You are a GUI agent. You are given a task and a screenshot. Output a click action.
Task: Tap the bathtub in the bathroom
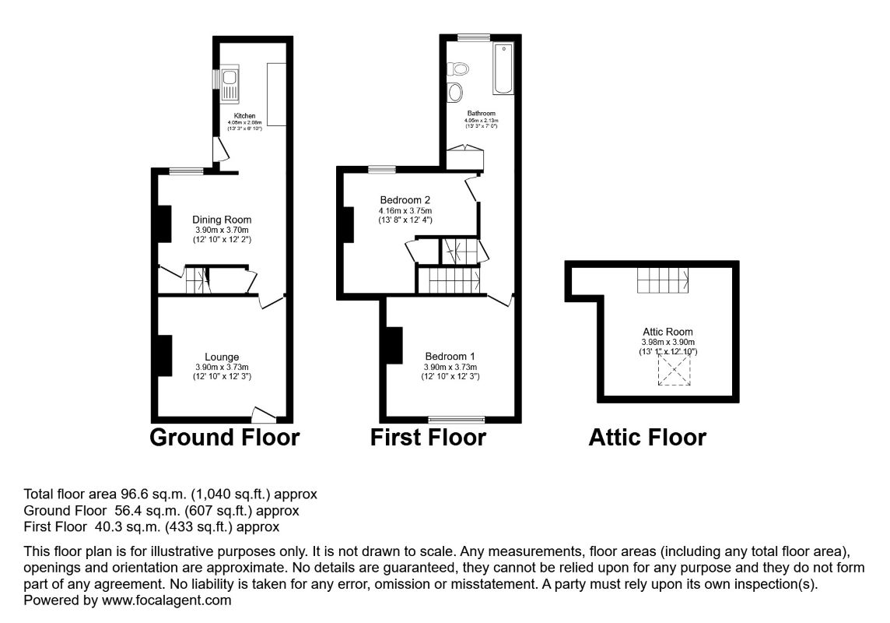503,69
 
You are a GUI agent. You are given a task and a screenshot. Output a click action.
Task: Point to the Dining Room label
223,220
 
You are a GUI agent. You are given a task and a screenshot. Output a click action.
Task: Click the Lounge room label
223,357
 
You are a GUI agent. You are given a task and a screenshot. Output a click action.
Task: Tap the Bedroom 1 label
450,357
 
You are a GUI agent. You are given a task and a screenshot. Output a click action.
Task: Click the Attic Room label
667,331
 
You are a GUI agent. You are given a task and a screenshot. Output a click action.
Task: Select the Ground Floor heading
224,438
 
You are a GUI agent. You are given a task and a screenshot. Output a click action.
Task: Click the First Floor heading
428,438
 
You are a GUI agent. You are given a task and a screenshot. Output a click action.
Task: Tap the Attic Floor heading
647,438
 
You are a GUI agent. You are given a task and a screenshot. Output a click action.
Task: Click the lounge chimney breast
164,356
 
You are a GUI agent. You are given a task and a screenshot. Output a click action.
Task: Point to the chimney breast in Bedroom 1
394,346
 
